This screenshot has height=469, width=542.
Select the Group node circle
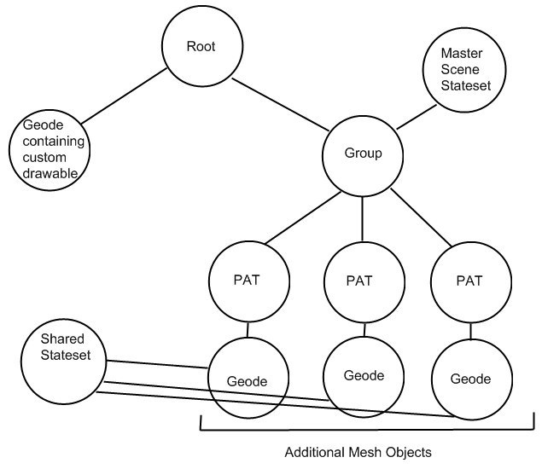(363, 155)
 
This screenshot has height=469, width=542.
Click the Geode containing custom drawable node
(48, 150)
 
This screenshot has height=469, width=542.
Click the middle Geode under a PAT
(364, 375)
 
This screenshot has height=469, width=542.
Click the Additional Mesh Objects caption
(358, 453)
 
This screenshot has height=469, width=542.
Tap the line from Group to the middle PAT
(364, 219)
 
